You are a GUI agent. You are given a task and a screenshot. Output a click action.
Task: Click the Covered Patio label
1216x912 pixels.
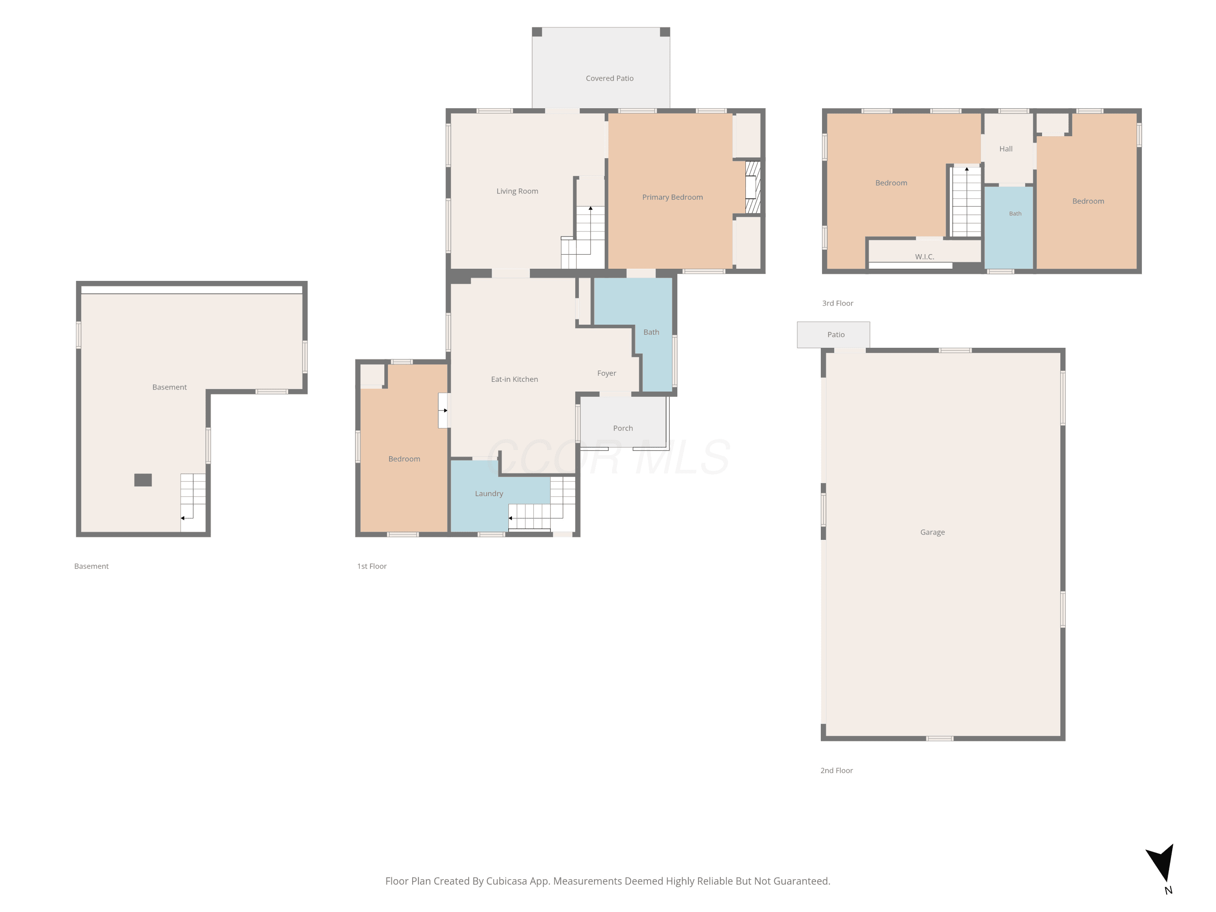610,79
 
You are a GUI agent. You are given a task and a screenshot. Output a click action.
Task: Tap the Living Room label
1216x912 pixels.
517,191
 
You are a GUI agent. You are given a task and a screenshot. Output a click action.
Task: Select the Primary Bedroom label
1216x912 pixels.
672,197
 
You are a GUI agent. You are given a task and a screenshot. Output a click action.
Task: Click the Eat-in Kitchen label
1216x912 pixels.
514,379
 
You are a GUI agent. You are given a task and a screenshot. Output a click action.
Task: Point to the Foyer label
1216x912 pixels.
607,373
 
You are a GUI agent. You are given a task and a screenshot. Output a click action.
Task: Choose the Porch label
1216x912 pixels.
623,428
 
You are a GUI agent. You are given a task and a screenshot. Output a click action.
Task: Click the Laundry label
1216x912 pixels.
489,494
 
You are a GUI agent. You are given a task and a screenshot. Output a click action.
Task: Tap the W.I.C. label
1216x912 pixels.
925,257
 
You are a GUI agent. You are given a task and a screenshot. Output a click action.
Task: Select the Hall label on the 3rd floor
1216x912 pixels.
1006,149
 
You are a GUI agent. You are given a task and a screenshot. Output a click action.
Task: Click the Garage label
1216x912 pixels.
933,532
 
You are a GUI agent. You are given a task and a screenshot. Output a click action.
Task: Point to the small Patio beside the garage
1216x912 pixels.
833,335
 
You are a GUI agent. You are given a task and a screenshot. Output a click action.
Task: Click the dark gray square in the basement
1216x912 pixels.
143,480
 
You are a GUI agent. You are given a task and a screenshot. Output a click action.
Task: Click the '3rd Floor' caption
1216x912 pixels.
838,304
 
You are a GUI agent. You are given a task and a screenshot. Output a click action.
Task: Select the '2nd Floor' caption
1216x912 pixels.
837,771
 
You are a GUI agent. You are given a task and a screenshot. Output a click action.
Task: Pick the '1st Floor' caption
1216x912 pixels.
372,566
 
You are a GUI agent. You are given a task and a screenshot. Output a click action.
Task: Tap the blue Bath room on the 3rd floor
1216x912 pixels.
1009,227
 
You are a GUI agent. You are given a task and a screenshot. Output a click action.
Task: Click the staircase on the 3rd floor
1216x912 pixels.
966,201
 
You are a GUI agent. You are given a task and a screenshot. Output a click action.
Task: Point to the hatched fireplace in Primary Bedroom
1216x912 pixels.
753,187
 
